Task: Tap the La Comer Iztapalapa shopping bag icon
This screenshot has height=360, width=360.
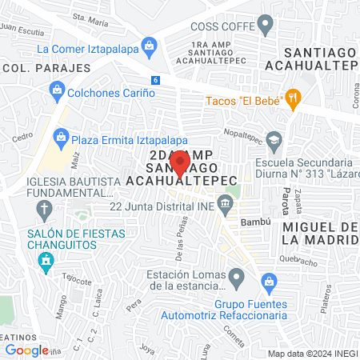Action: (x=149, y=49)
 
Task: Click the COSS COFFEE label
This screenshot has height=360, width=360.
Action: (x=223, y=27)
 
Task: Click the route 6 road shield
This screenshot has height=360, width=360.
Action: (x=155, y=80)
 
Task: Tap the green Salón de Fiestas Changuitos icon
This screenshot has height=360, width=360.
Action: (x=46, y=261)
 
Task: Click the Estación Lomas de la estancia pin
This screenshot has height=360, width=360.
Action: (x=236, y=279)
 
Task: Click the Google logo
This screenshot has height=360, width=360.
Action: (x=26, y=350)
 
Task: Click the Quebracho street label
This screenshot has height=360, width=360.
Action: (x=299, y=262)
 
